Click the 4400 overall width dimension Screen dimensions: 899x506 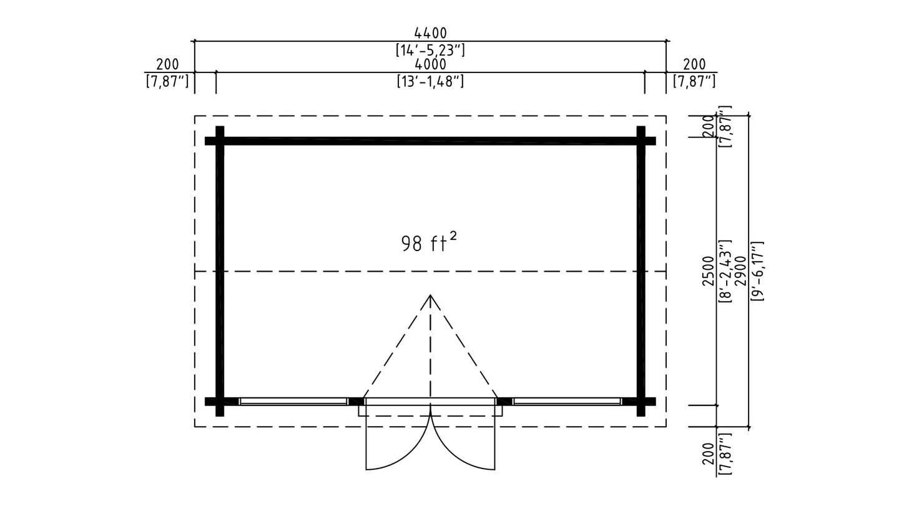430,32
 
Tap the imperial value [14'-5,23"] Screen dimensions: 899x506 430,50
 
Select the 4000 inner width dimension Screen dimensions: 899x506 430,64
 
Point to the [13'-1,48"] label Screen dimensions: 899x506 430,81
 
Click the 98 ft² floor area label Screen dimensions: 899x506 429,242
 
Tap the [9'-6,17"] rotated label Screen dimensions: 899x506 757,272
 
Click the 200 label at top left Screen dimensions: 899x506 167,64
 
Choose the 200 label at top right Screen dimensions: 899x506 694,64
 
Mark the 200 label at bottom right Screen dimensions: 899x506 709,454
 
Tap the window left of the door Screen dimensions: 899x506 293,401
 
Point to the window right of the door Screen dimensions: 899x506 567,401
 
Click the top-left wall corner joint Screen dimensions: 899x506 220,141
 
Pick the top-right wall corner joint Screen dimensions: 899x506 641,141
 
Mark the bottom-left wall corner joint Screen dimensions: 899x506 220,402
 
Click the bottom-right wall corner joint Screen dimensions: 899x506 641,402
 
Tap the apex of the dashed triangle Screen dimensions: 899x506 430,295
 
